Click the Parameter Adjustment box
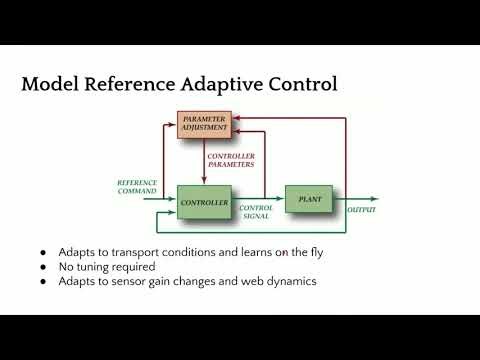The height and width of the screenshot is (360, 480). (205, 124)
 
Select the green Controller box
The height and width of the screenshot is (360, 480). (204, 203)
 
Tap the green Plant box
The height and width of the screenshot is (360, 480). (308, 200)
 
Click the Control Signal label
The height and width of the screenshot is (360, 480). (256, 212)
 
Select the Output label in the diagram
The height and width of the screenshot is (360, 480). (361, 210)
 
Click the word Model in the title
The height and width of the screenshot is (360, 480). (51, 85)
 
